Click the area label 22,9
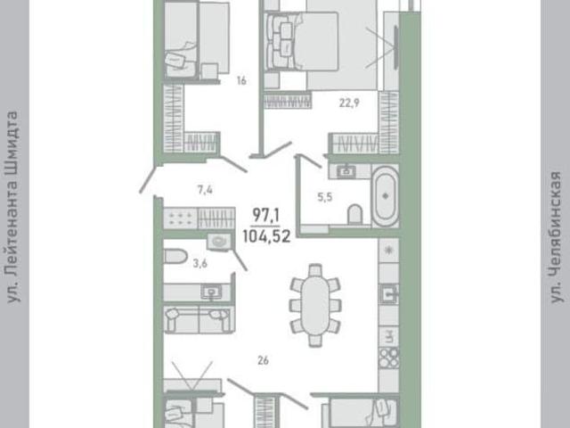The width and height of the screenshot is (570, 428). [349, 103]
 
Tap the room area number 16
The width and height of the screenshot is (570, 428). [241, 80]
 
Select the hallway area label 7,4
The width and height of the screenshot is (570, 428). [205, 190]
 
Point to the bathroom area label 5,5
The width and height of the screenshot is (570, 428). [324, 197]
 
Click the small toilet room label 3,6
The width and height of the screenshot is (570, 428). [199, 263]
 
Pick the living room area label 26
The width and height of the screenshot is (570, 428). [263, 360]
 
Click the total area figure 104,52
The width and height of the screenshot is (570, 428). [266, 237]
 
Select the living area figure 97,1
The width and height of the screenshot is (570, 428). [266, 216]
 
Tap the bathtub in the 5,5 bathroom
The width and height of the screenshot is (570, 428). [385, 195]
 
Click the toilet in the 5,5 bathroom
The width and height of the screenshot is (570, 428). [354, 214]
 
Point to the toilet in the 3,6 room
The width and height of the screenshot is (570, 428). [175, 256]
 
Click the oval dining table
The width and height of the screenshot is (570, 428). [315, 305]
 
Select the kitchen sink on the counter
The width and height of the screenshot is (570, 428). [388, 293]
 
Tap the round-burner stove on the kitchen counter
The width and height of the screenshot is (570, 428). [388, 358]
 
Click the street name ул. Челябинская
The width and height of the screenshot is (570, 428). [556, 237]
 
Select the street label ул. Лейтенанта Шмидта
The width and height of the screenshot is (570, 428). [12, 207]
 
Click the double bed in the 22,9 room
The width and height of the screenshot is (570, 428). [303, 41]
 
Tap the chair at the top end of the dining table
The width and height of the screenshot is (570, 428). [314, 271]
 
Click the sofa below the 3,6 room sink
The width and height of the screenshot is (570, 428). [199, 319]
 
